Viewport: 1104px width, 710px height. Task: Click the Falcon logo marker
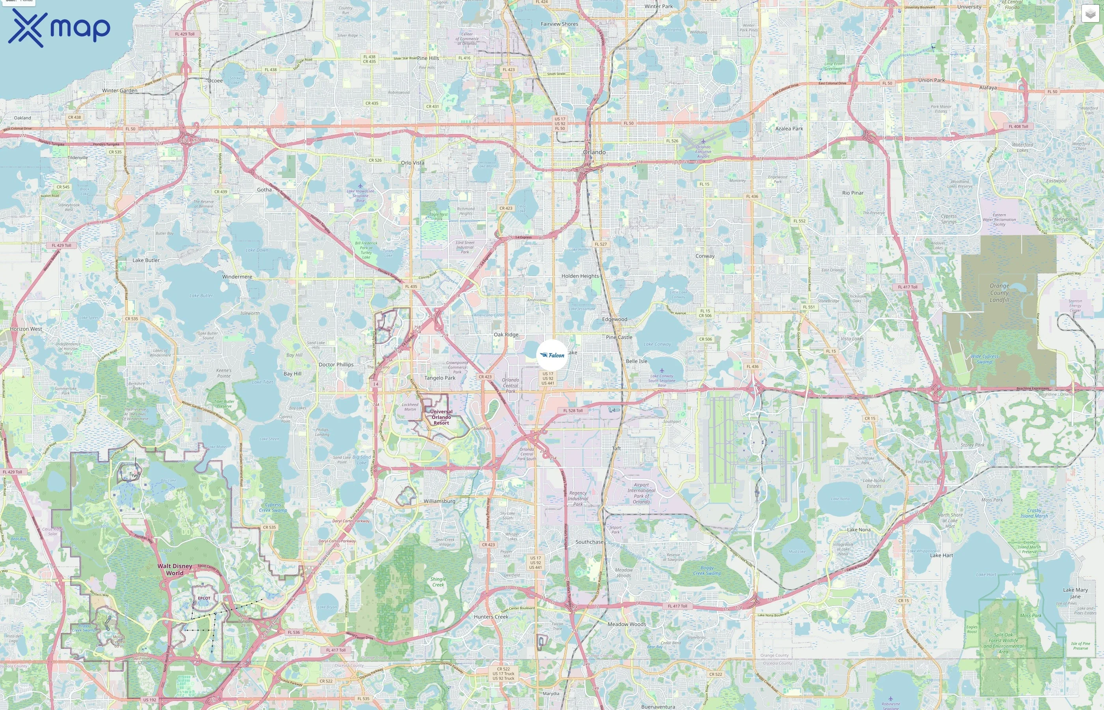pyautogui.click(x=552, y=355)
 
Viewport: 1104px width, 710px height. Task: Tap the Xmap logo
pyautogui.click(x=59, y=28)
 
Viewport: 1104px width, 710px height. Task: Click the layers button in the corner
pyautogui.click(x=1090, y=14)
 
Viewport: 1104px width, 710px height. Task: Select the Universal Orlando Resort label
pyautogui.click(x=441, y=417)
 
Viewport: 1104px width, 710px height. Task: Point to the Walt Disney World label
pyautogui.click(x=175, y=570)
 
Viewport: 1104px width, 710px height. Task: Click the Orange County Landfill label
pyautogui.click(x=999, y=293)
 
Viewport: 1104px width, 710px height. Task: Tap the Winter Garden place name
pyautogui.click(x=120, y=90)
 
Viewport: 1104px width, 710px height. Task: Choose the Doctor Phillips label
pyautogui.click(x=336, y=364)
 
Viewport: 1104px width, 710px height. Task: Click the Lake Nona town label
pyautogui.click(x=858, y=530)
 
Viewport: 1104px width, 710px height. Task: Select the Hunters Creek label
pyautogui.click(x=491, y=617)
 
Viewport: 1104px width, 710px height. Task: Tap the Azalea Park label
pyautogui.click(x=789, y=129)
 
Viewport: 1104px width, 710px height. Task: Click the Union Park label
pyautogui.click(x=931, y=80)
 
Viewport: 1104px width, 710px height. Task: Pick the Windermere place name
pyautogui.click(x=237, y=277)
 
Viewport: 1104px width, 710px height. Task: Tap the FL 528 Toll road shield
pyautogui.click(x=573, y=410)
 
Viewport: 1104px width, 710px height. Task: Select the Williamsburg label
pyautogui.click(x=439, y=501)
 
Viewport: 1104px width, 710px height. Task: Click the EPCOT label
pyautogui.click(x=204, y=598)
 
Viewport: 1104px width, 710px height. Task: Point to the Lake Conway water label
pyautogui.click(x=657, y=344)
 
